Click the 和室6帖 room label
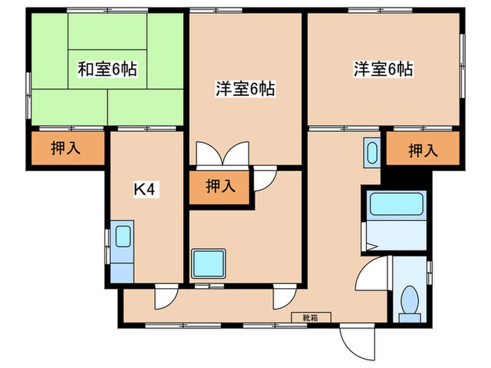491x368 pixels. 107,69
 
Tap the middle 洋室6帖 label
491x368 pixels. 244,88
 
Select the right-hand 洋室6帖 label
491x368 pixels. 382,69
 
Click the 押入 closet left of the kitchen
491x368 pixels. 65,148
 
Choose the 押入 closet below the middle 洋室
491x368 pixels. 220,186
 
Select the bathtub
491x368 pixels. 394,204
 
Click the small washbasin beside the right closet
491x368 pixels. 372,152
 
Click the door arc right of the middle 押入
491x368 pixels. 263,180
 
